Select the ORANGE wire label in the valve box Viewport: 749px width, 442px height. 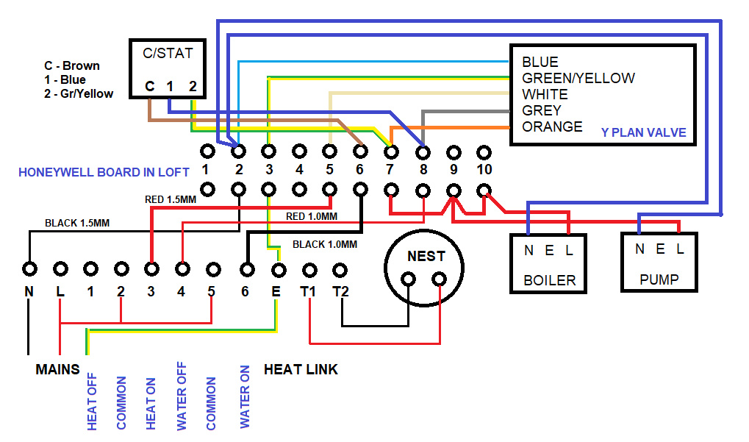tap(551, 126)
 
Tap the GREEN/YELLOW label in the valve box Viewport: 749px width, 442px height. tap(578, 78)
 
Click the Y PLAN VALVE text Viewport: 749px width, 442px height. tap(643, 133)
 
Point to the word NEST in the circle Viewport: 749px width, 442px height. tap(426, 256)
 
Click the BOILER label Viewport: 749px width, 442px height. tap(549, 280)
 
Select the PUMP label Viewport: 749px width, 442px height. tap(659, 279)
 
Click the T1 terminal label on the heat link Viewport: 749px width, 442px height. tap(308, 292)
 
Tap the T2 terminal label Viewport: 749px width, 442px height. tap(339, 292)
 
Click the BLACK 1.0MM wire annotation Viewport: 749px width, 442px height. tap(324, 244)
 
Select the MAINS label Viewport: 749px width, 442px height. tap(57, 369)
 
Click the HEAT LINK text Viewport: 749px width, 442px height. tap(301, 369)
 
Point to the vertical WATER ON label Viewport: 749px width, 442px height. tap(245, 397)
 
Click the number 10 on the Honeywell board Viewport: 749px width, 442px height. tap(483, 170)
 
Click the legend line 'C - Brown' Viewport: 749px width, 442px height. tap(72, 65)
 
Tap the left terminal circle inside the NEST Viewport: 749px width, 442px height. tap(409, 279)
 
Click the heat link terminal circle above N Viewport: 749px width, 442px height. tap(29, 268)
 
